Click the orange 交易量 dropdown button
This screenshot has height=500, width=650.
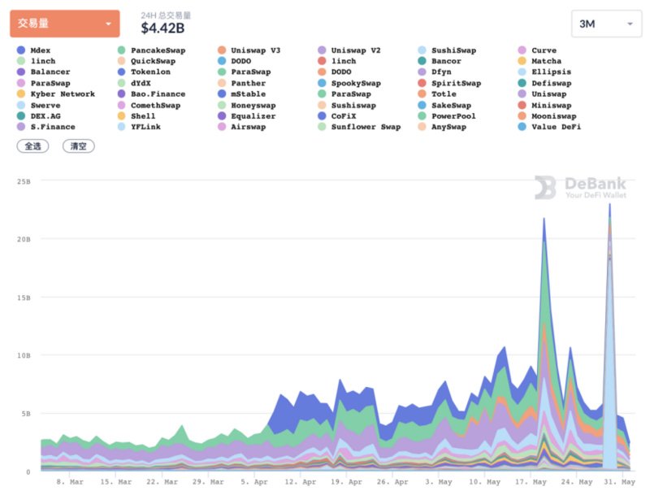(64, 24)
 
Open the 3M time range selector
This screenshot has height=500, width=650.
(605, 24)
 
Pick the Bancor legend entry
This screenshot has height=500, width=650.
(446, 61)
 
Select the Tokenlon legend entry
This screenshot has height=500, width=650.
(150, 72)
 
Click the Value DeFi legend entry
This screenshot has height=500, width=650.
(556, 127)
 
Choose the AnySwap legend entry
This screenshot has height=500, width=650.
(448, 127)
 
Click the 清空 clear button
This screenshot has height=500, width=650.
(79, 146)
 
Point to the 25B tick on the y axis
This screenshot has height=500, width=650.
(24, 180)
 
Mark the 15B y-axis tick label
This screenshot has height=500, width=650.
(24, 297)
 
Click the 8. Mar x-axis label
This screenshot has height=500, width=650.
(70, 482)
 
